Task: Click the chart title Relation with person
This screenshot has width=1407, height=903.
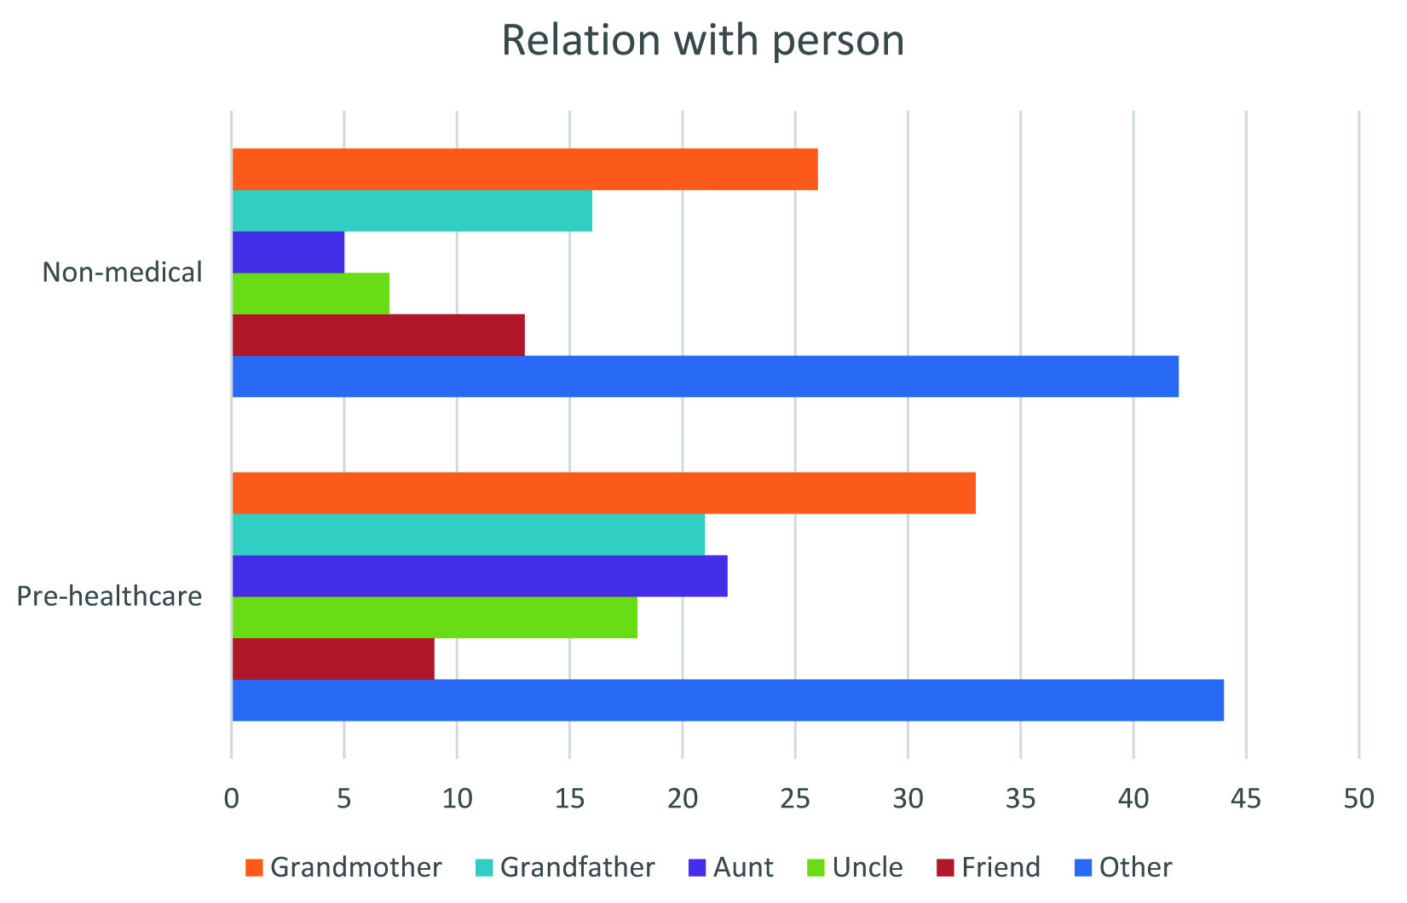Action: (x=702, y=41)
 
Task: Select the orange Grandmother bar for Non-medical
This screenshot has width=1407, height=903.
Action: (x=524, y=169)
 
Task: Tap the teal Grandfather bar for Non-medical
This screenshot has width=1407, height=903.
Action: (x=412, y=210)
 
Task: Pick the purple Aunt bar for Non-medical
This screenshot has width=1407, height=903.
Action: (x=288, y=252)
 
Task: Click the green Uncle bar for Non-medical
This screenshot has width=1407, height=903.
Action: (x=310, y=294)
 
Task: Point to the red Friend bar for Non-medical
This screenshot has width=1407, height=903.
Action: (x=378, y=335)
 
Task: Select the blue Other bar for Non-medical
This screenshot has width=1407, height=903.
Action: (x=705, y=376)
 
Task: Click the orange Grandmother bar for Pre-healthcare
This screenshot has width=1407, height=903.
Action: (x=603, y=493)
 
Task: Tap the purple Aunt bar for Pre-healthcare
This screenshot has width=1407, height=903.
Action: (x=479, y=576)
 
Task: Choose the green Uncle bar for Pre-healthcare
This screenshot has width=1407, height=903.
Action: (x=435, y=617)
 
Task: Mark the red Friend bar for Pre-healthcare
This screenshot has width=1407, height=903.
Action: (x=332, y=659)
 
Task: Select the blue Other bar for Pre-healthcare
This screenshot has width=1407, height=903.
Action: (x=728, y=700)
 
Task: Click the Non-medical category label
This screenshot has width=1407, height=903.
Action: (x=123, y=272)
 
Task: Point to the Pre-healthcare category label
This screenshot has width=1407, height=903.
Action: (x=110, y=595)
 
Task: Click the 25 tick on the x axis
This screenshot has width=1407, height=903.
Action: (x=794, y=799)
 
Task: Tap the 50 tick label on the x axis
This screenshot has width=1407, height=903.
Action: (x=1358, y=799)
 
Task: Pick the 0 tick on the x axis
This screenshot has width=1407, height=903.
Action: (x=231, y=799)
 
